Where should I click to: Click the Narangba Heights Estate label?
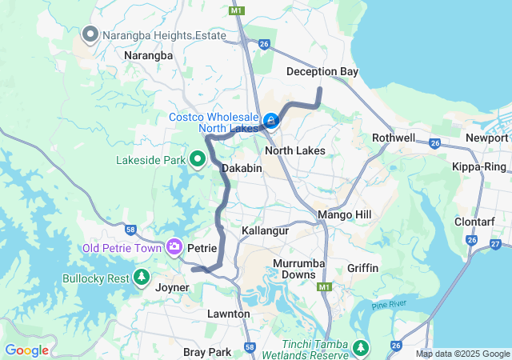click(x=150, y=34)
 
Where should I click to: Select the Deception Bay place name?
click(x=322, y=72)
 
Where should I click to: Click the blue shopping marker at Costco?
click(x=271, y=122)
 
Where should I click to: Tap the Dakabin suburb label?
click(x=242, y=169)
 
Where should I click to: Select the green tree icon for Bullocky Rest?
click(x=142, y=278)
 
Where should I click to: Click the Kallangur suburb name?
click(x=265, y=230)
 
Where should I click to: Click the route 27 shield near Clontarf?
click(x=495, y=244)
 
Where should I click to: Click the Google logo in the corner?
click(x=26, y=350)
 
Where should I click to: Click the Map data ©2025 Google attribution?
click(x=462, y=354)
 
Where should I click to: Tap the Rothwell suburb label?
click(x=394, y=138)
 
